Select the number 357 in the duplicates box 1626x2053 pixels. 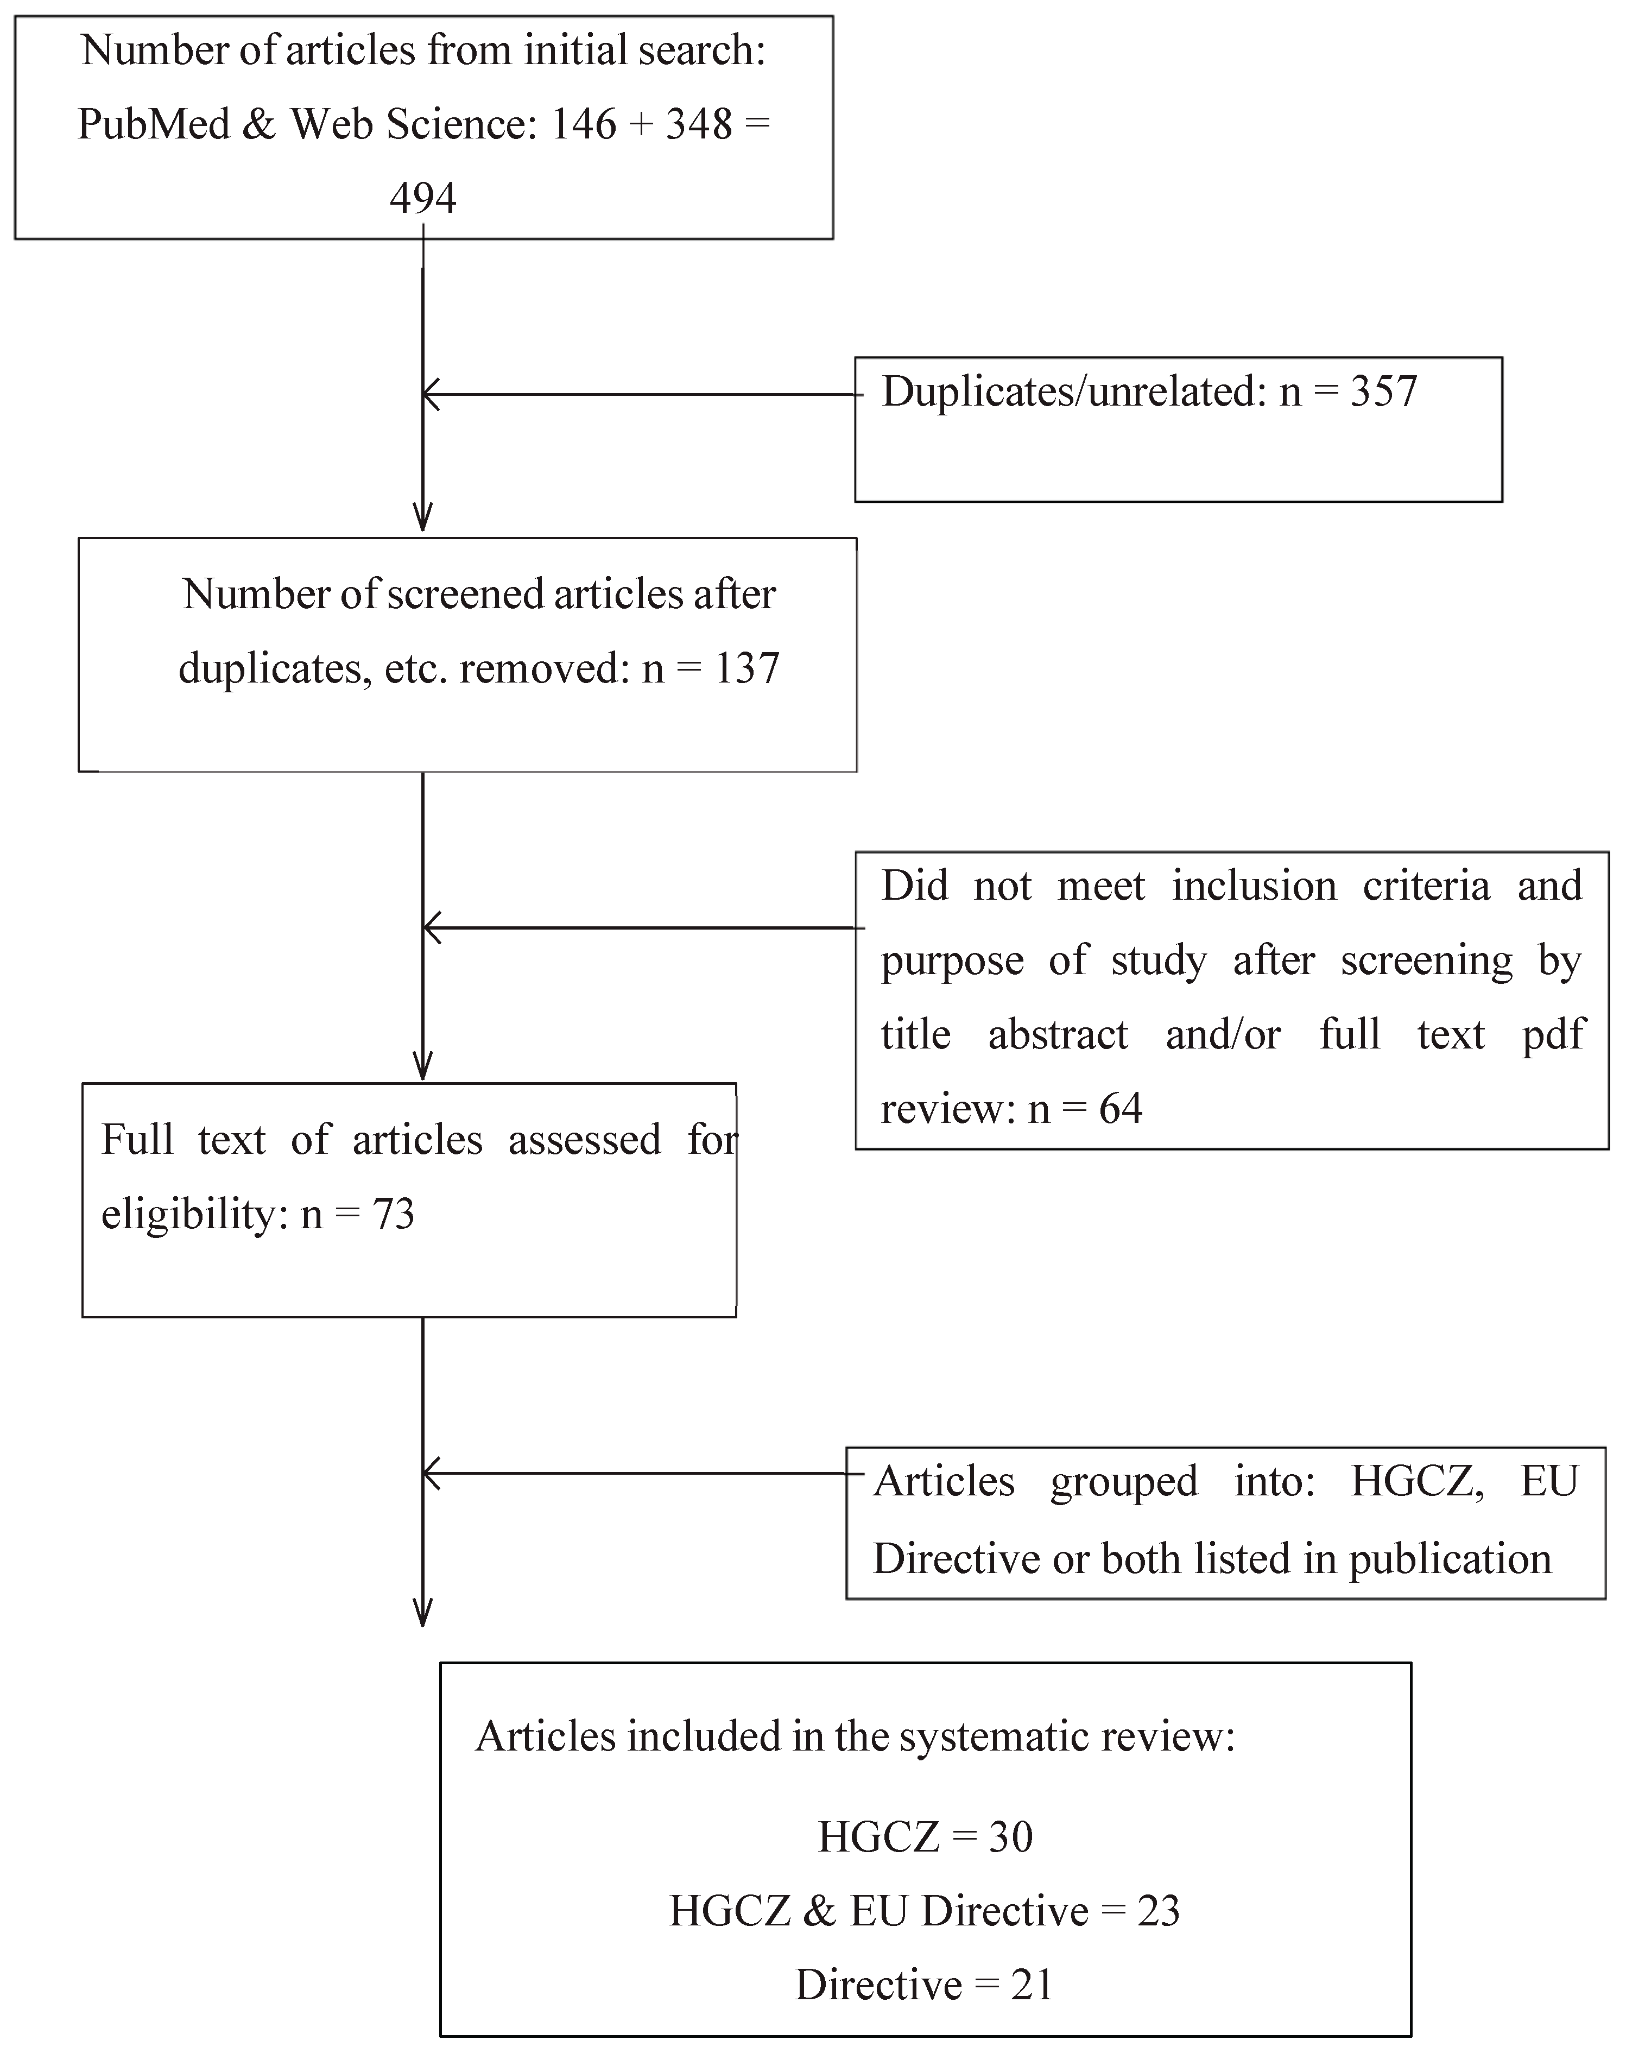click(x=1383, y=391)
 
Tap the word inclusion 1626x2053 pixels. click(x=1253, y=886)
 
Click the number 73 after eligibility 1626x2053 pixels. click(x=393, y=1214)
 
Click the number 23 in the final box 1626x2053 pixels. click(x=1157, y=1910)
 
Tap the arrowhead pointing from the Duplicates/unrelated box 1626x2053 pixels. click(x=429, y=394)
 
